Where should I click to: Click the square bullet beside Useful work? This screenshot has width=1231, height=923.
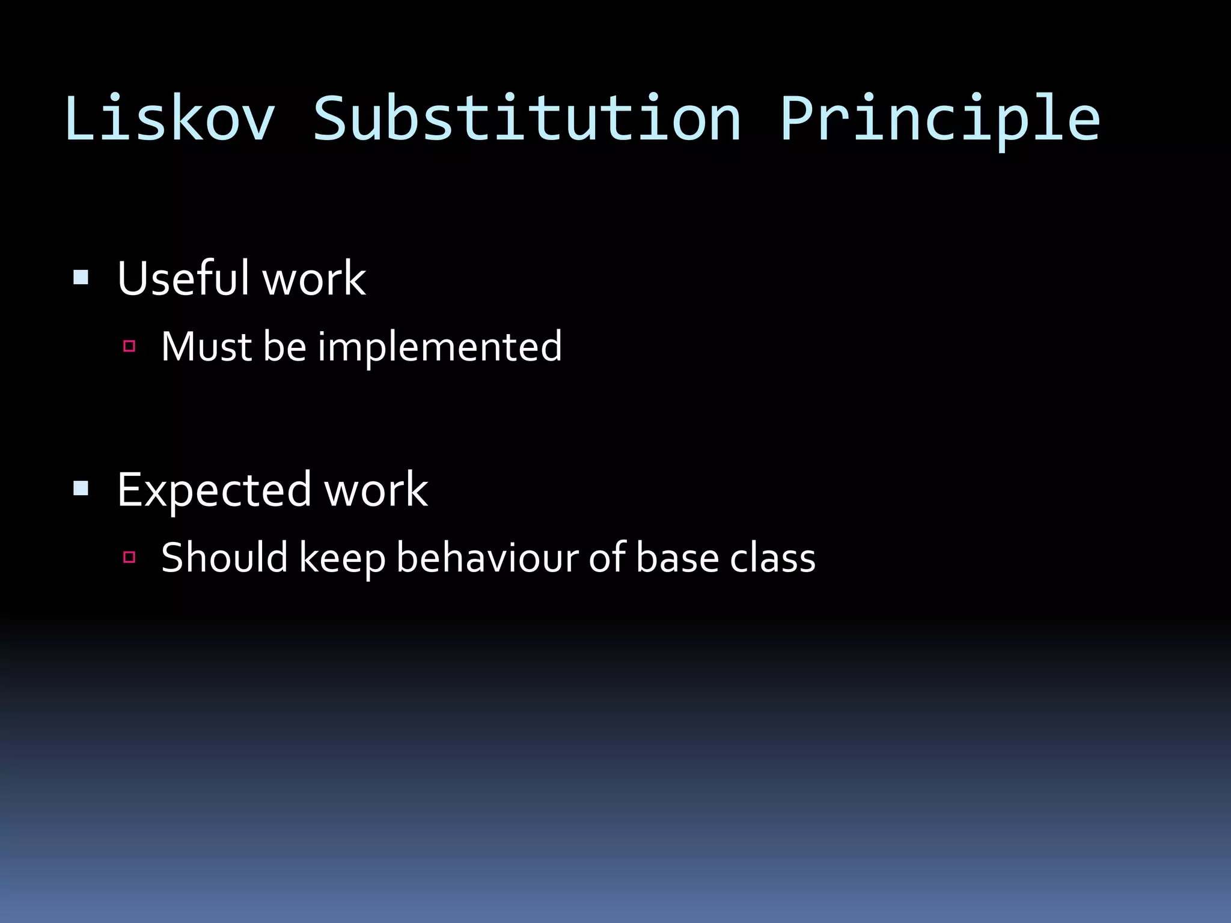point(81,277)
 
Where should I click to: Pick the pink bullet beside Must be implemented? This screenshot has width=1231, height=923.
point(129,346)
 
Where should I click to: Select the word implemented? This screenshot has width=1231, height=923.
point(440,347)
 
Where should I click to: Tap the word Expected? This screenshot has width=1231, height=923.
point(214,490)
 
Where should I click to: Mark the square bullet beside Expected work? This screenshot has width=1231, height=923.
point(81,488)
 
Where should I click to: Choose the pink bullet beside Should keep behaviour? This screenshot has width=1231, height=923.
point(129,557)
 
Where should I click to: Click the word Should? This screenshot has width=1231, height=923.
point(225,557)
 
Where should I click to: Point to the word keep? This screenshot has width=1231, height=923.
point(342,558)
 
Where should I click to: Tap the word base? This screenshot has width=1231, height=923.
point(677,557)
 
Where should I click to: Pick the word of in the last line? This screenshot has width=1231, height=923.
point(607,557)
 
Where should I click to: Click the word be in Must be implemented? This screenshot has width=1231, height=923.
point(285,347)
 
